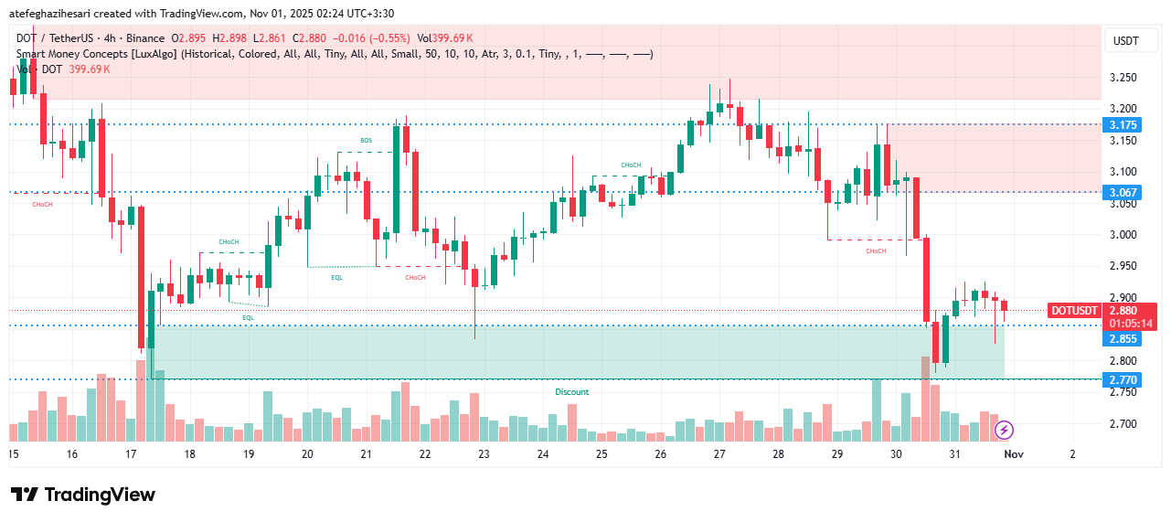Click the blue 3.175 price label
[x=1123, y=124]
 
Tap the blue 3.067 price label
[x=1123, y=192]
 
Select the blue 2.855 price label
[x=1123, y=339]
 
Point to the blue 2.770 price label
[x=1123, y=379]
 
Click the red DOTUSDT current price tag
[x=1074, y=311]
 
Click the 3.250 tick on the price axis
[x=1123, y=78]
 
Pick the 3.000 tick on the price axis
[x=1123, y=235]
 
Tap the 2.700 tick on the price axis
[x=1123, y=424]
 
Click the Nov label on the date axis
[x=1013, y=453]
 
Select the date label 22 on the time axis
[x=424, y=453]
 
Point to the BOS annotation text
[x=366, y=140]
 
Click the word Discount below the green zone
[x=572, y=392]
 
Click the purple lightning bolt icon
[x=1004, y=429]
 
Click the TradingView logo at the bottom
[x=83, y=495]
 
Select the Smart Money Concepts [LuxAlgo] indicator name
[x=98, y=54]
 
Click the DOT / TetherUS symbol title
[x=60, y=38]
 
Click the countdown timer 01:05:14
[x=1131, y=323]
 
